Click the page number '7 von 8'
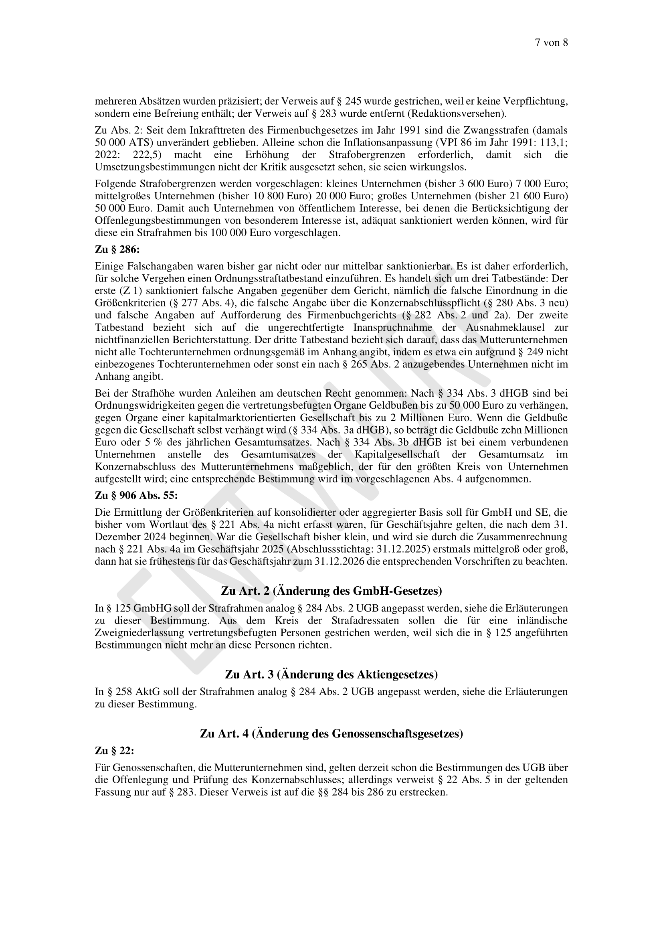click(x=551, y=43)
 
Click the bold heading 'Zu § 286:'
click(x=117, y=249)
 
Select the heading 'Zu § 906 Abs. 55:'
click(x=136, y=496)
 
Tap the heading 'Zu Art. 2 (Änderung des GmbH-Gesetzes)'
click(x=331, y=591)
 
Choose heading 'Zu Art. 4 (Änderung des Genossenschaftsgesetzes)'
click(x=331, y=734)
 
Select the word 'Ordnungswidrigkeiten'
click(x=146, y=406)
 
